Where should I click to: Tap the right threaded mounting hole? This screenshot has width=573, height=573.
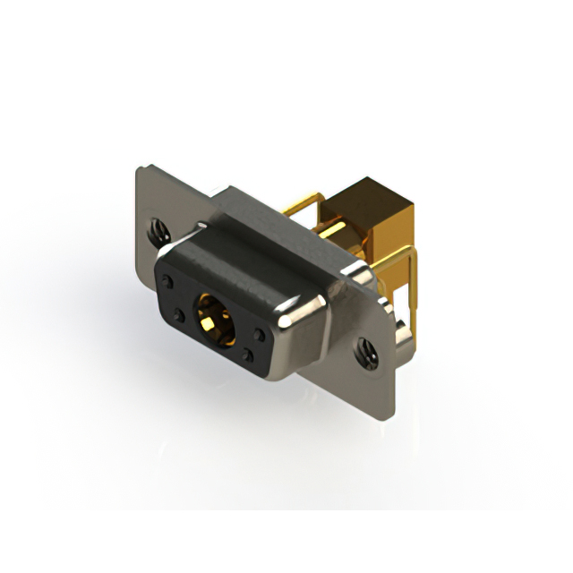pyautogui.click(x=365, y=350)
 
